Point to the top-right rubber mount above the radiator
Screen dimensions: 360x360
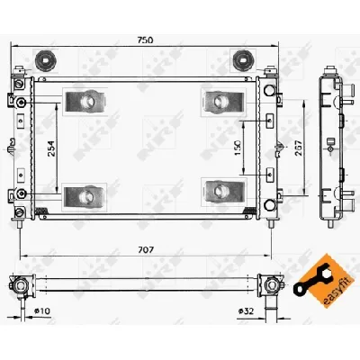tap(241, 61)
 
